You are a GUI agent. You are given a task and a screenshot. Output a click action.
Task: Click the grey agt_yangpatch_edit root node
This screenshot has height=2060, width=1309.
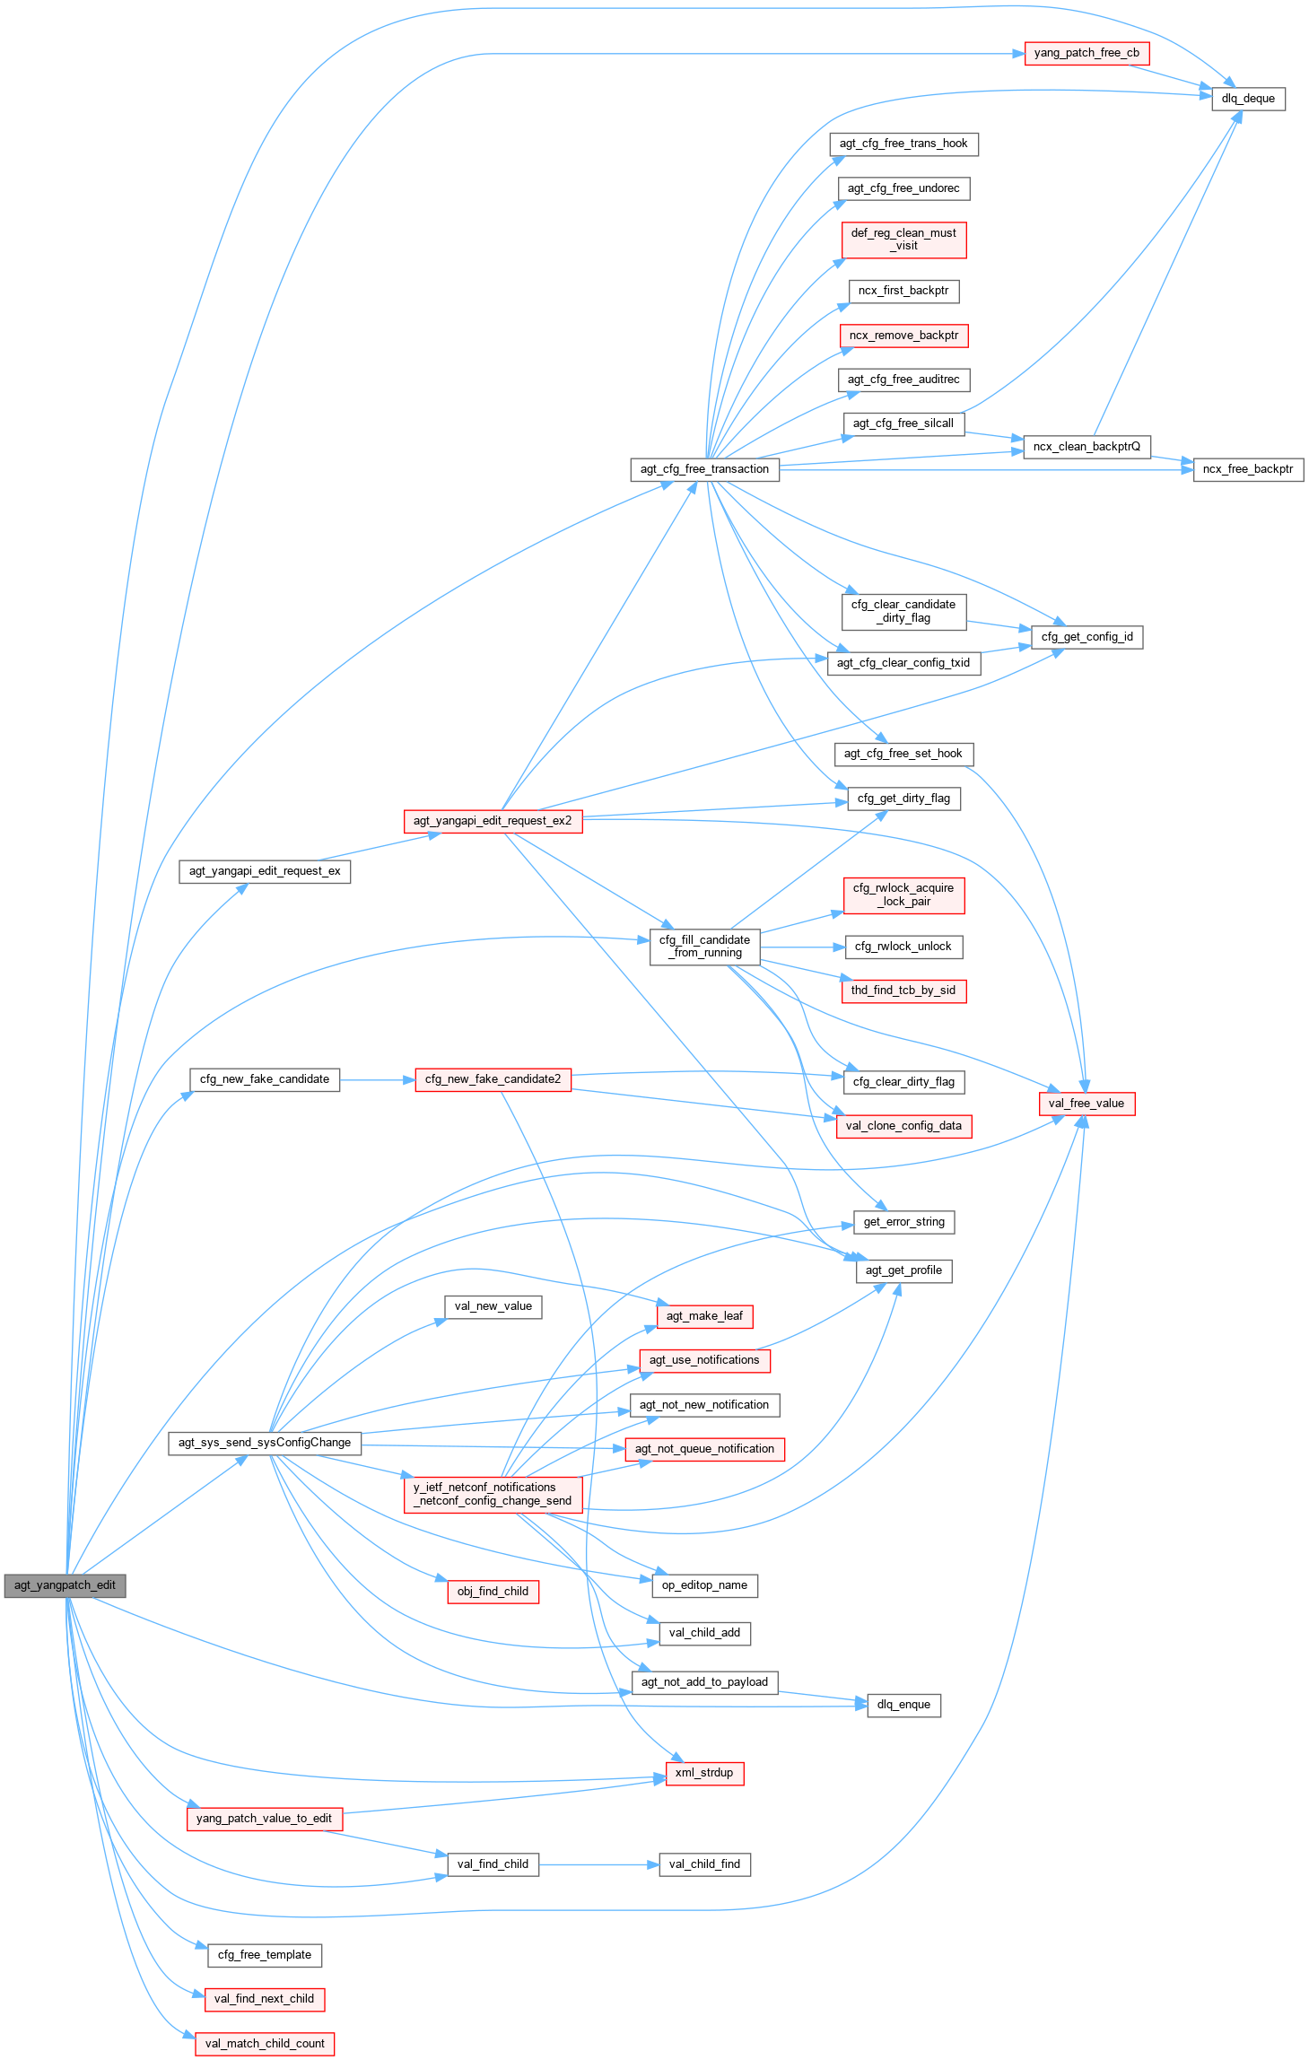tap(65, 1585)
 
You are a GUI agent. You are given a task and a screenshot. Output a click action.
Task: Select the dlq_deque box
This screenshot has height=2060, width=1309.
tap(1248, 99)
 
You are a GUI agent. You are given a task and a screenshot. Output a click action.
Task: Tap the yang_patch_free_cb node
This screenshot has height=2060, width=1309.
tap(1086, 53)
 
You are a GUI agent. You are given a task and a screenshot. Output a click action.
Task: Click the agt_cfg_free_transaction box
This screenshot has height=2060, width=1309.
tap(704, 469)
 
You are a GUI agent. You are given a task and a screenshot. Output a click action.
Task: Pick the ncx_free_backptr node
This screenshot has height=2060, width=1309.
tap(1248, 469)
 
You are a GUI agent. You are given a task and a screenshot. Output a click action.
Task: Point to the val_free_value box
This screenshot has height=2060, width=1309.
tap(1086, 1104)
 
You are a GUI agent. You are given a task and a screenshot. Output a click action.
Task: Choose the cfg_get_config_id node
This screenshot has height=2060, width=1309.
tap(1086, 637)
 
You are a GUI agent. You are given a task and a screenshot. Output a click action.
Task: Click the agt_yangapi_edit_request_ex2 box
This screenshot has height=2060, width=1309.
tap(493, 821)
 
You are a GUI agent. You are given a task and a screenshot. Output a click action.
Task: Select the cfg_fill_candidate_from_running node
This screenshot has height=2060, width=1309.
tap(704, 947)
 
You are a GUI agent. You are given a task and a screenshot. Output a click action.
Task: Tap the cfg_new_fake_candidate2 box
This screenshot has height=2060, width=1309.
tap(493, 1079)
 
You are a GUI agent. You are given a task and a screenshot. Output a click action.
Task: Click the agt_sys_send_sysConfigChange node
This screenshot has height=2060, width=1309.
tap(265, 1443)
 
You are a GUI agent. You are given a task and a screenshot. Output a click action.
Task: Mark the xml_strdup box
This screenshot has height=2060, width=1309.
tap(704, 1773)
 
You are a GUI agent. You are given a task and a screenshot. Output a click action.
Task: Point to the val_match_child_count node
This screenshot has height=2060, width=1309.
tap(265, 2044)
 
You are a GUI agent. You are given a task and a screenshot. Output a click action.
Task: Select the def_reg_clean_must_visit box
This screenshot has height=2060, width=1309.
tap(903, 240)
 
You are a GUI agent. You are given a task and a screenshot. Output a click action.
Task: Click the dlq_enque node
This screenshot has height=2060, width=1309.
tap(903, 1705)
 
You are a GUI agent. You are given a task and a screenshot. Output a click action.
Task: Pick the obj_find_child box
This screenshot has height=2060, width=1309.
tap(493, 1592)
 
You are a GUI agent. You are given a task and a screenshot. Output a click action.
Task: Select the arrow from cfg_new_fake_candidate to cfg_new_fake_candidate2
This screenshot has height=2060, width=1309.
tap(377, 1080)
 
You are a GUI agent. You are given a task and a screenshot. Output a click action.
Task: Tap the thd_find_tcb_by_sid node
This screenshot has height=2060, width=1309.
tap(903, 991)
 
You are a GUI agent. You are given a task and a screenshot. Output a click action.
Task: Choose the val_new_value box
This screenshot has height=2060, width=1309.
tap(493, 1306)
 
